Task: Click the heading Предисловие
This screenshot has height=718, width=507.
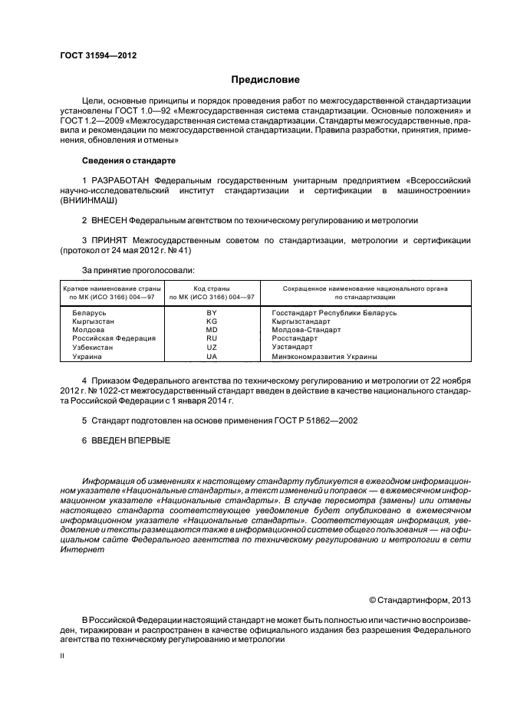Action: coord(265,80)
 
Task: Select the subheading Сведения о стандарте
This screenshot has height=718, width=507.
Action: coord(128,160)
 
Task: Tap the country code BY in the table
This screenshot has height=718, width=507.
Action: coord(212,313)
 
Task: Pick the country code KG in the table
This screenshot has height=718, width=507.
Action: coord(212,321)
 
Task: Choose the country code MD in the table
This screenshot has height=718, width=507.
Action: coord(212,330)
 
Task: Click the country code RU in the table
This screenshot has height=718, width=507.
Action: coord(212,338)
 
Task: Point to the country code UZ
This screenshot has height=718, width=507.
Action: coord(212,347)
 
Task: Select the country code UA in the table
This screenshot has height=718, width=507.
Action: coord(212,356)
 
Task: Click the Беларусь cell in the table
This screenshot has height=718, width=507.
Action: coord(90,313)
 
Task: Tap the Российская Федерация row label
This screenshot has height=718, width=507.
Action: coord(114,338)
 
